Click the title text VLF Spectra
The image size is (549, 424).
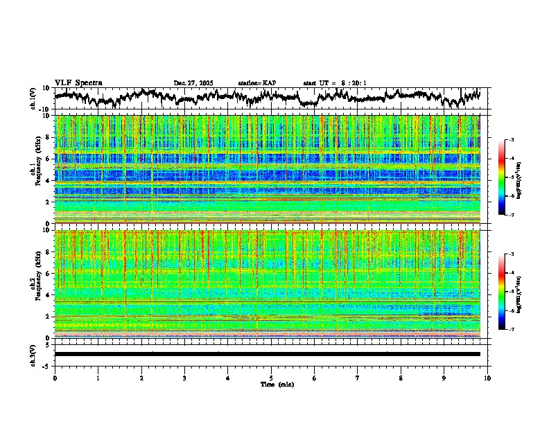78,83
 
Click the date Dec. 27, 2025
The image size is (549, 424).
193,83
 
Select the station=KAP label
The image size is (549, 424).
257,83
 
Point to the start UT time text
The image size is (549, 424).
335,83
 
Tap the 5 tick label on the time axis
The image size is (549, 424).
272,378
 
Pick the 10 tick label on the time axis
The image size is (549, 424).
488,378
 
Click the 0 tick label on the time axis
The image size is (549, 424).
55,378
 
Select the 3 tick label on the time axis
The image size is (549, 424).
184,378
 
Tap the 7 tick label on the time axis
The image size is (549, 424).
358,378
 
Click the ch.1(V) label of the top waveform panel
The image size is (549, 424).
33,98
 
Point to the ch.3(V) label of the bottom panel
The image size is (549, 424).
33,353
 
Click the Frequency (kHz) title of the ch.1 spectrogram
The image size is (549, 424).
40,170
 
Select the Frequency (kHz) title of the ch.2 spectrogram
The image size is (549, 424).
40,284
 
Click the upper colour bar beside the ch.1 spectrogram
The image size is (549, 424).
501,177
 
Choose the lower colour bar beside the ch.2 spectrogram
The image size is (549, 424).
501,292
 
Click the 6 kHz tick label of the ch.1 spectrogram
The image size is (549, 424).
50,159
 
